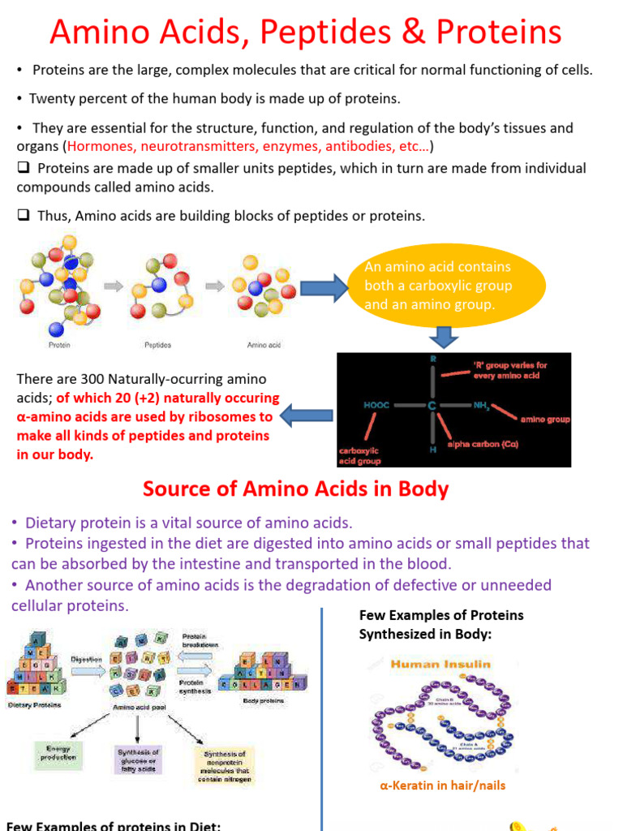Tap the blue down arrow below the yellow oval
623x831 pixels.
click(x=443, y=336)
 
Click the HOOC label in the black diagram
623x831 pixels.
click(x=378, y=403)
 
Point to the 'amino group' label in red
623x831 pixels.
click(x=545, y=420)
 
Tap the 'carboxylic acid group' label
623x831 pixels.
click(x=359, y=455)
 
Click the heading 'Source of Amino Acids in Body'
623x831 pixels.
click(x=295, y=489)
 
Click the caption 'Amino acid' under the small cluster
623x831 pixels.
click(x=264, y=345)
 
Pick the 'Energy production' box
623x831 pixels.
click(x=58, y=752)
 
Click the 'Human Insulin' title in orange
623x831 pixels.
click(x=440, y=664)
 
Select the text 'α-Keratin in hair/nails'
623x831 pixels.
click(x=443, y=786)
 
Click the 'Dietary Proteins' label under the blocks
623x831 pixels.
click(x=34, y=704)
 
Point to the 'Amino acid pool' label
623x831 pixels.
click(x=135, y=708)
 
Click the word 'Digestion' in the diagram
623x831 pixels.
click(x=86, y=659)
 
